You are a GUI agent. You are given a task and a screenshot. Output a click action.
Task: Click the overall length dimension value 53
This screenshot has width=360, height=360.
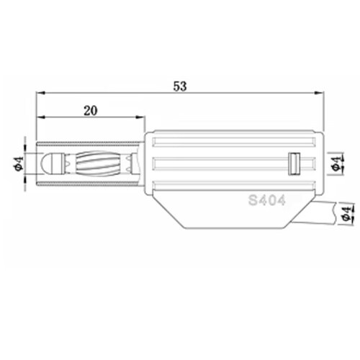[180, 86]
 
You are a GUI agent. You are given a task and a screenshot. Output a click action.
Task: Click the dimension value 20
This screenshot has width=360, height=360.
[91, 111]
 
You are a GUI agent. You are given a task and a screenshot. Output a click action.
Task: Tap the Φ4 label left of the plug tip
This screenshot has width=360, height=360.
[19, 163]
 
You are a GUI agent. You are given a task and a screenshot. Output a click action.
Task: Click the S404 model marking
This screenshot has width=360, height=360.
[267, 200]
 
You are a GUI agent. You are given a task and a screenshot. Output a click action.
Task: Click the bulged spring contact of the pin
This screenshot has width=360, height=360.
[98, 163]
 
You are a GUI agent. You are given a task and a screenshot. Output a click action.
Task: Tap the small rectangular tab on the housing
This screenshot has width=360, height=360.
[294, 163]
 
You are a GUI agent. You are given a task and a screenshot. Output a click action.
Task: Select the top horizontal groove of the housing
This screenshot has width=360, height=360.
[234, 142]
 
